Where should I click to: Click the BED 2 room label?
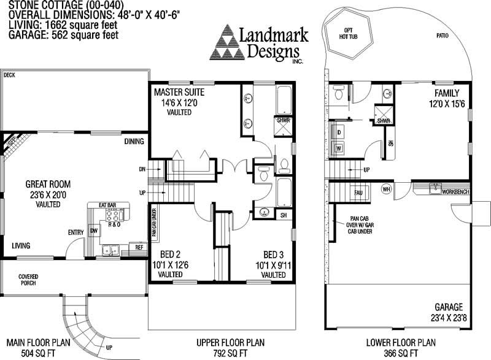click(169, 255)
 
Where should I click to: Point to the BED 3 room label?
click(273, 255)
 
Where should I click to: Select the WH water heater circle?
click(387, 189)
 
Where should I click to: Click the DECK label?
click(9, 75)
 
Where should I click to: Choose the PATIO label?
click(442, 35)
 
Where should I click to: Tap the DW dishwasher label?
click(94, 231)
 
